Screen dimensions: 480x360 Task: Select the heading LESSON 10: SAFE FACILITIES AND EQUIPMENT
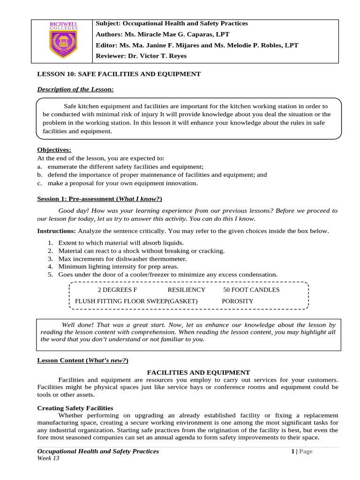click(x=119, y=74)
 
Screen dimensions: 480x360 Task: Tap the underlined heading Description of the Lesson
click(x=75, y=89)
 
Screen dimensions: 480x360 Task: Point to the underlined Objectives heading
click(x=54, y=150)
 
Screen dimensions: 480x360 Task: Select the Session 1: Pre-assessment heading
click(x=99, y=199)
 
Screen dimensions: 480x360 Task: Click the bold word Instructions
click(x=56, y=231)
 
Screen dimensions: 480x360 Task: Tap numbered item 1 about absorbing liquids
click(x=121, y=243)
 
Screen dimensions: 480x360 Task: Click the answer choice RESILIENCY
click(x=186, y=290)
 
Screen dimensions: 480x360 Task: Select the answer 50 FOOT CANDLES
click(x=251, y=290)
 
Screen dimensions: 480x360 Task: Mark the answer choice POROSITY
click(x=237, y=301)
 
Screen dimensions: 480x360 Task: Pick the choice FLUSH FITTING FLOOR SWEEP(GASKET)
click(x=136, y=301)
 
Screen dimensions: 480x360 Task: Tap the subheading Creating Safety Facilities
click(x=75, y=408)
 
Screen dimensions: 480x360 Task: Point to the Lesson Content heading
click(x=82, y=360)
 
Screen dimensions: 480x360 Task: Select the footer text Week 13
click(x=48, y=458)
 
